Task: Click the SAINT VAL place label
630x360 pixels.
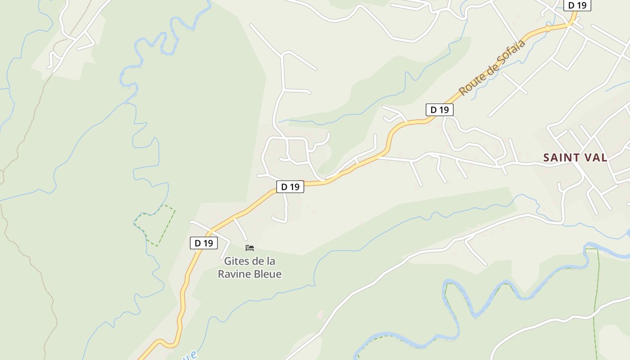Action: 575,157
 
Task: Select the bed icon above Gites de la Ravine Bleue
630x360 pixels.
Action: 250,248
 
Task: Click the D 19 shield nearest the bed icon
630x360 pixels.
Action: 204,243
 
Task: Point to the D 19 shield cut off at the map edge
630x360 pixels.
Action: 577,5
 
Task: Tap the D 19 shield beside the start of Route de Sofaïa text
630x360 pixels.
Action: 439,109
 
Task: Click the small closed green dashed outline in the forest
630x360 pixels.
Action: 155,225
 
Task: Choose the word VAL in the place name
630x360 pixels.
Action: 595,157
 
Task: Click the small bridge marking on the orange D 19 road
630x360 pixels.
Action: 548,28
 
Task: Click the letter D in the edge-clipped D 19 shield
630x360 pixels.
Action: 571,5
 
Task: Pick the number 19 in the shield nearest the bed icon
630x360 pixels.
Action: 207,243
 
